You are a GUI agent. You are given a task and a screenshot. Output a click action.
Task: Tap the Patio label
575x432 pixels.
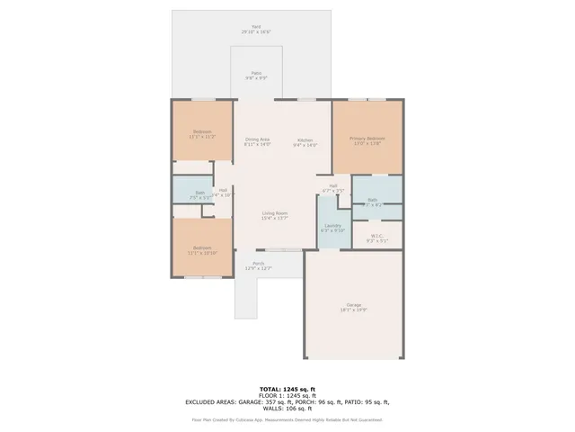coord(256,76)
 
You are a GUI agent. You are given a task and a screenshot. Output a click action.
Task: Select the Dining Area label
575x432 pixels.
coord(258,141)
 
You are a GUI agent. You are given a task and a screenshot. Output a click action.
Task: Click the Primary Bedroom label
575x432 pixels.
coord(367,139)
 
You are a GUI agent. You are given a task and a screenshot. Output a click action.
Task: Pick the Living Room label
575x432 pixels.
coord(275,215)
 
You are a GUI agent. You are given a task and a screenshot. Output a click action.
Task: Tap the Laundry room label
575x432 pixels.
coord(332,228)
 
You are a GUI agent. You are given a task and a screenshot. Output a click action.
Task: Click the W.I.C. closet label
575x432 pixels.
coord(377,238)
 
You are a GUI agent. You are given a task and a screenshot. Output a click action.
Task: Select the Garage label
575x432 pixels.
coord(354,307)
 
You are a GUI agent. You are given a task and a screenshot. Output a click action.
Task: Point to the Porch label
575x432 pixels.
coord(259,266)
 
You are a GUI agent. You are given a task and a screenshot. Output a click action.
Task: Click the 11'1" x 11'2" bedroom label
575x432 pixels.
coord(202,134)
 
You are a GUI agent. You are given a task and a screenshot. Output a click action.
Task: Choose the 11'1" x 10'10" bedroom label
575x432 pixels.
coord(202,249)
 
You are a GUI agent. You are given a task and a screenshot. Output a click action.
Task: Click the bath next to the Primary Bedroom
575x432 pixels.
coord(372,202)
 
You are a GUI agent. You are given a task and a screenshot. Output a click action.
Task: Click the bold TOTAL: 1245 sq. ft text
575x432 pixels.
coord(287,389)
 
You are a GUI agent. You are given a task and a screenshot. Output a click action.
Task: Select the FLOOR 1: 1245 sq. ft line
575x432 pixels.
coord(287,395)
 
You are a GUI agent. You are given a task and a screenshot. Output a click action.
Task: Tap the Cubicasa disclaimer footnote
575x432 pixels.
coord(287,419)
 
